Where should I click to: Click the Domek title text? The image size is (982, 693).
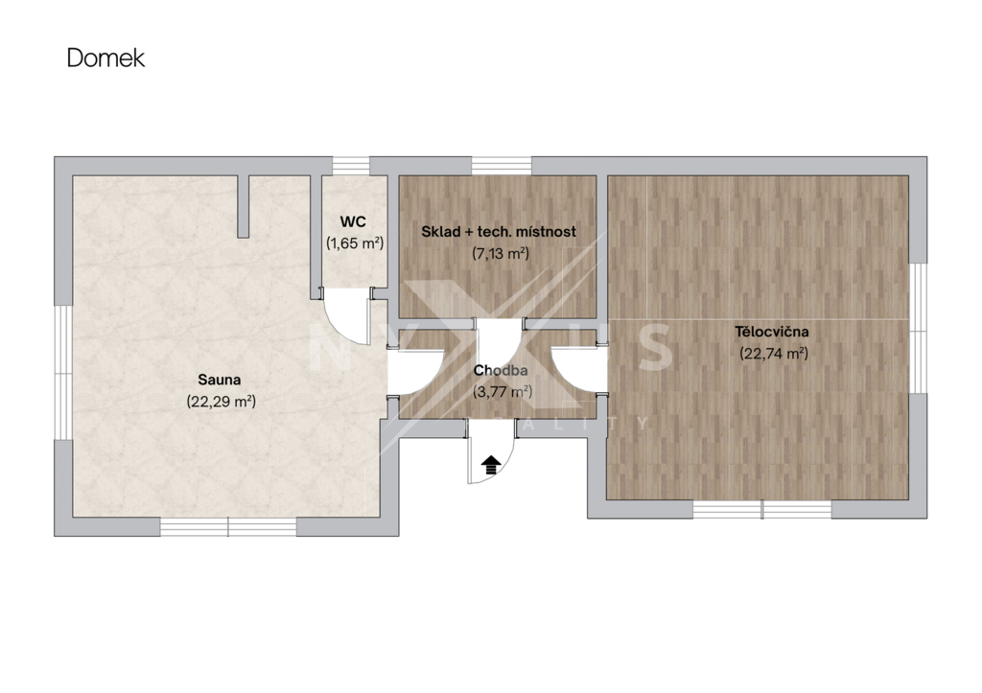pyautogui.click(x=105, y=58)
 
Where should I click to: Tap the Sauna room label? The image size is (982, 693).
pyautogui.click(x=220, y=380)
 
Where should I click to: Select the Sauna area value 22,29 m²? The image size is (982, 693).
pyautogui.click(x=222, y=402)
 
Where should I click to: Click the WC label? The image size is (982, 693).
pyautogui.click(x=353, y=221)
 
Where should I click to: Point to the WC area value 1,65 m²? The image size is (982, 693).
pyautogui.click(x=355, y=243)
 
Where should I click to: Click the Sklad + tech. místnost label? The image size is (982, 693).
pyautogui.click(x=499, y=232)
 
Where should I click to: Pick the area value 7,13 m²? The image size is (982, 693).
pyautogui.click(x=501, y=254)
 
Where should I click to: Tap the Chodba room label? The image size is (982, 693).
pyautogui.click(x=501, y=370)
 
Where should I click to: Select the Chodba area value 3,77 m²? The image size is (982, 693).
pyautogui.click(x=503, y=392)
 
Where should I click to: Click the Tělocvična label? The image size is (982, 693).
pyautogui.click(x=772, y=331)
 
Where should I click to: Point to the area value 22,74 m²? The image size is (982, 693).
pyautogui.click(x=774, y=353)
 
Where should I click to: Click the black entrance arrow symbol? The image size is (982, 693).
pyautogui.click(x=491, y=465)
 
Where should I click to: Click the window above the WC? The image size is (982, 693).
pyautogui.click(x=351, y=166)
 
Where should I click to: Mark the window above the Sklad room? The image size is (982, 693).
pyautogui.click(x=501, y=166)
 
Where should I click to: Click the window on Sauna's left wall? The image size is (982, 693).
pyautogui.click(x=63, y=373)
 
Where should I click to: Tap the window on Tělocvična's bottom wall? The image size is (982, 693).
pyautogui.click(x=762, y=509)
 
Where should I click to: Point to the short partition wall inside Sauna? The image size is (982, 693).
pyautogui.click(x=243, y=207)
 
